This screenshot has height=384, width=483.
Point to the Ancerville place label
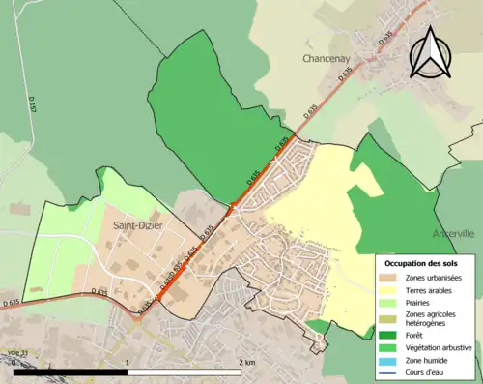click(x=454, y=233)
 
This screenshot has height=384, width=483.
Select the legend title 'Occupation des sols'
click(x=421, y=263)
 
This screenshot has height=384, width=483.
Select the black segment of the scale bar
click(x=72, y=372)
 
